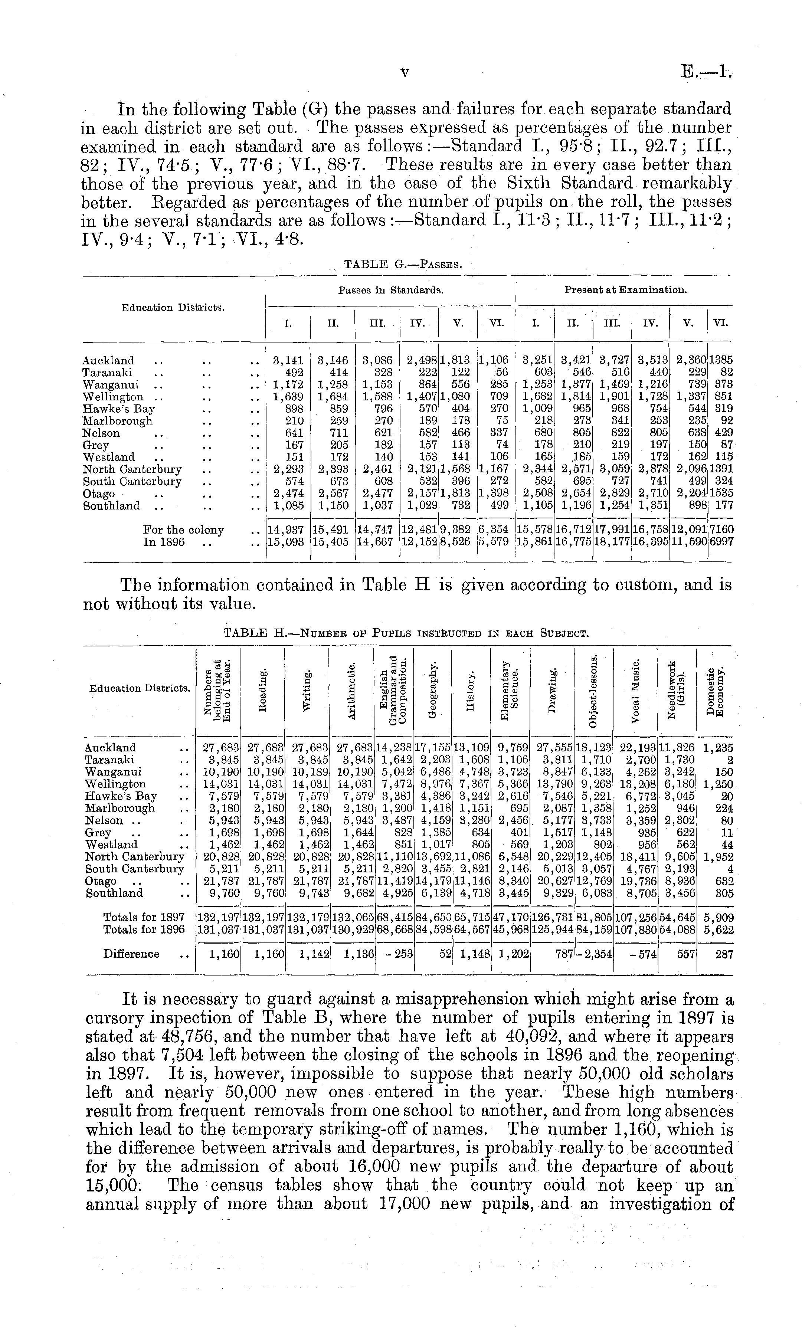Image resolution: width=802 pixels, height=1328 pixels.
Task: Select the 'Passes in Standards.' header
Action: pyautogui.click(x=391, y=290)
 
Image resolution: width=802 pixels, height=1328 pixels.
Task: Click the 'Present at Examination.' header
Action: pyautogui.click(x=625, y=290)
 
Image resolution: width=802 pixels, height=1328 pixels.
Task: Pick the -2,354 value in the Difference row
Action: pyautogui.click(x=594, y=954)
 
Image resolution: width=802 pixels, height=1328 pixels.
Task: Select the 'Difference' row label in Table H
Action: pyautogui.click(x=131, y=954)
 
